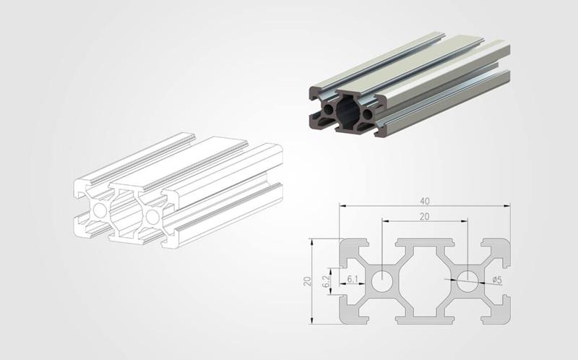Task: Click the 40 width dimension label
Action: pyautogui.click(x=425, y=201)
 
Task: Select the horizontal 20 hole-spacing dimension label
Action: pyautogui.click(x=425, y=217)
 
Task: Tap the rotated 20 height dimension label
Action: pyautogui.click(x=308, y=281)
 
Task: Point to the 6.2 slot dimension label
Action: pyautogui.click(x=326, y=281)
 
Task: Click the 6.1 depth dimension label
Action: pyautogui.click(x=353, y=279)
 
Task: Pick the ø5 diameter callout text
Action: pyautogui.click(x=497, y=280)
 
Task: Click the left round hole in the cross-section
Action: pyautogui.click(x=382, y=281)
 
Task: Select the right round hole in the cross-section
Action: pyautogui.click(x=467, y=281)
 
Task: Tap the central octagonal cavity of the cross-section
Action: pyautogui.click(x=425, y=281)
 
